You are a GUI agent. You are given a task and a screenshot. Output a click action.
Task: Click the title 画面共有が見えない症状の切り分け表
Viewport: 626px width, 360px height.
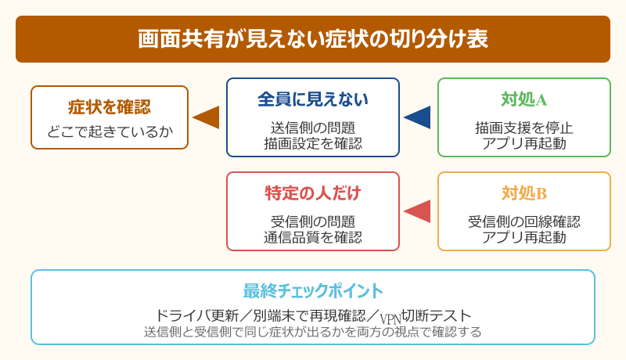click(313, 39)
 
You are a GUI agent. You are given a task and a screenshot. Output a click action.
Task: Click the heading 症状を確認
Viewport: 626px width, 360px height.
click(110, 106)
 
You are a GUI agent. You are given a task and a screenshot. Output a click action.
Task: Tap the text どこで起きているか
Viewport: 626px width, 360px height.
click(110, 131)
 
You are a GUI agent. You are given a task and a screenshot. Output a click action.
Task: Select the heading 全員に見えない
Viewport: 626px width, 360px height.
click(313, 99)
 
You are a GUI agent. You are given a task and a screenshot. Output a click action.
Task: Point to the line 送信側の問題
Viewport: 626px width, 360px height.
click(313, 128)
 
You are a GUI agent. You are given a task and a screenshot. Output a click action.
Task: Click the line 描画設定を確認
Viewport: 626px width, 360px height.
click(313, 143)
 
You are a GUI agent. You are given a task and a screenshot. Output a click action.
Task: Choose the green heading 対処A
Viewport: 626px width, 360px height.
click(524, 99)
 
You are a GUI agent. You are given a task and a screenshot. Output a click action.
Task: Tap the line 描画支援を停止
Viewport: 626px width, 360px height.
click(524, 128)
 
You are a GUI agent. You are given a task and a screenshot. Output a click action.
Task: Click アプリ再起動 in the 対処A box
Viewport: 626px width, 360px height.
click(524, 143)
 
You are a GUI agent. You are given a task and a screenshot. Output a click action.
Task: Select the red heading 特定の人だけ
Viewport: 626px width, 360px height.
click(313, 193)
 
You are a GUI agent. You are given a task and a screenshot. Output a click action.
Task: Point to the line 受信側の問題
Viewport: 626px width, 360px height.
click(313, 221)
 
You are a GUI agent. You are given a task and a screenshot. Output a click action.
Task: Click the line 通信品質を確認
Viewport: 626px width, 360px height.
click(313, 237)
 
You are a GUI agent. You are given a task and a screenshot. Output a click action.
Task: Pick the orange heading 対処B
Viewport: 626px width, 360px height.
click(524, 193)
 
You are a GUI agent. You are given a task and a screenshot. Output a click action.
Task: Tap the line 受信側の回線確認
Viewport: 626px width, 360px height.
click(524, 221)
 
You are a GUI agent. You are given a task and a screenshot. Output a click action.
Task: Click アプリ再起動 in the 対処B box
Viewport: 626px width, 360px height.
click(524, 237)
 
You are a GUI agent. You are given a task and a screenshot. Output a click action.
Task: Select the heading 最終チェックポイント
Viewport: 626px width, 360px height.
click(313, 291)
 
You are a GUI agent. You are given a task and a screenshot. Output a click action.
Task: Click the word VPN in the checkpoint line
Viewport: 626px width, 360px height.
click(390, 318)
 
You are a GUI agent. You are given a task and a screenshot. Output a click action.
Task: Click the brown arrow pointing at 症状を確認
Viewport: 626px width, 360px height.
click(207, 117)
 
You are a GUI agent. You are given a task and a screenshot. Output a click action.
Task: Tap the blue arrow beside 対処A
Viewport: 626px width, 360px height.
click(418, 117)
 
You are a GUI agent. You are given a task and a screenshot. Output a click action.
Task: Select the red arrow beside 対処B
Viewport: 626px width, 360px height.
click(418, 211)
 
